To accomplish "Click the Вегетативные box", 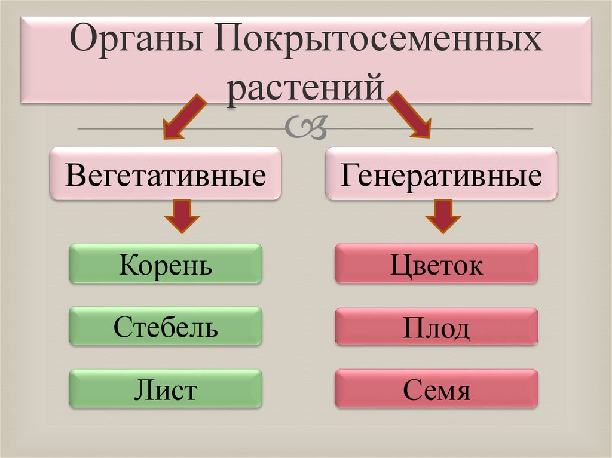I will click(166, 174).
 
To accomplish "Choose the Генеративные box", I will click(441, 174).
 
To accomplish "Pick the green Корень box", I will click(166, 263).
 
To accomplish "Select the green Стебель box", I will click(166, 326).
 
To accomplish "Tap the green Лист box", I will click(166, 389).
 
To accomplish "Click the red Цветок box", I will click(436, 263).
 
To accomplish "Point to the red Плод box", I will click(436, 326).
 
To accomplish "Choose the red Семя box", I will click(436, 389).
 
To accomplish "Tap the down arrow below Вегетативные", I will click(183, 216).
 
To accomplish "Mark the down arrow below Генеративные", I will click(443, 216).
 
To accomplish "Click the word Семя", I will click(436, 391).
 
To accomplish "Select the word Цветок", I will click(436, 265).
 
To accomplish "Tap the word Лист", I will click(166, 391).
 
